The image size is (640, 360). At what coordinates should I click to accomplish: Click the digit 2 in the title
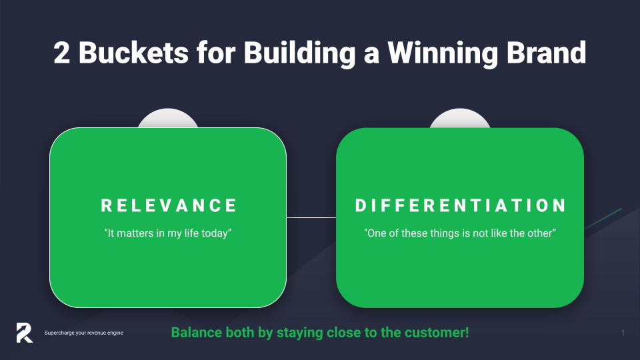[61, 53]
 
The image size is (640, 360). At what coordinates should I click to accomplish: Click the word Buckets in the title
[133, 53]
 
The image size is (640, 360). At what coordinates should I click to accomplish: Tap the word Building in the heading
[299, 53]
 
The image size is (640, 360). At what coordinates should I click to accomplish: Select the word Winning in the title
[443, 53]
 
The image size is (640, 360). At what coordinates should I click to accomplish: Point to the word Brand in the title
[547, 53]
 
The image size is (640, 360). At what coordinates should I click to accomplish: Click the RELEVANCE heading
[169, 205]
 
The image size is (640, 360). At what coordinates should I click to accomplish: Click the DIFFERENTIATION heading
[461, 205]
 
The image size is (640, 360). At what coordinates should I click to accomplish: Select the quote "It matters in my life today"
[168, 233]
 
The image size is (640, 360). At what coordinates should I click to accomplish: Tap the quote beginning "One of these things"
[460, 233]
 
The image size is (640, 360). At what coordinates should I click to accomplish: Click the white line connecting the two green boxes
[311, 217]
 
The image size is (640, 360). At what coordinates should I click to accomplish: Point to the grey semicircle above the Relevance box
[168, 119]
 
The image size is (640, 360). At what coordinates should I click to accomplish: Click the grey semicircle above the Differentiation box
[460, 119]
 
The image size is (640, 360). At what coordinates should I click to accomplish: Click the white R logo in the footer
[25, 333]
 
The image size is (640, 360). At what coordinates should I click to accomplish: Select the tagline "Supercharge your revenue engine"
[84, 333]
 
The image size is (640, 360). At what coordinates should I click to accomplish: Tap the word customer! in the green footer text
[437, 332]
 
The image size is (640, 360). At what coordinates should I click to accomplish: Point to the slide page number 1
[623, 333]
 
